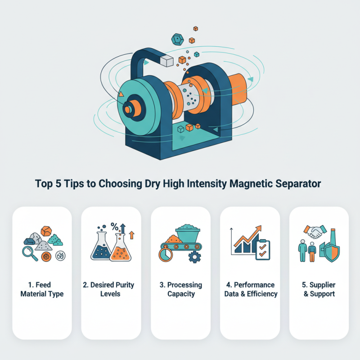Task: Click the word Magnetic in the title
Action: (x=252, y=184)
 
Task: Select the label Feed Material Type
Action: (x=42, y=289)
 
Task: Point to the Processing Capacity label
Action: (x=180, y=289)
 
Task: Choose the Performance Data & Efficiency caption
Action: (x=250, y=289)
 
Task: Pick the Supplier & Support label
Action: (x=319, y=289)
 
